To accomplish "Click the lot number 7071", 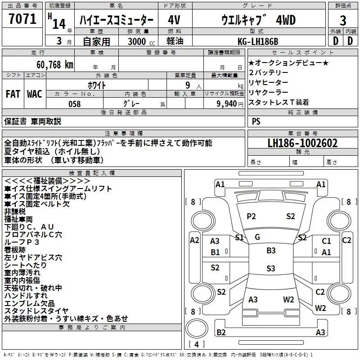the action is point(22,19).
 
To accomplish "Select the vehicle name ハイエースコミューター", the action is point(117,20).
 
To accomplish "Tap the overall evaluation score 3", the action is point(343,21).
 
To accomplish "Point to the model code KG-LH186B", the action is point(258,41).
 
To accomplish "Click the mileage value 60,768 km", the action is point(55,65).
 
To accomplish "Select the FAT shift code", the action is point(13,94).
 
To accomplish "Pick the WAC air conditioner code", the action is point(35,94).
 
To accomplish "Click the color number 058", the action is point(75,104).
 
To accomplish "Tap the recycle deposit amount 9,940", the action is point(227,104).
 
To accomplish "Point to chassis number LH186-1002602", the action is point(302,143).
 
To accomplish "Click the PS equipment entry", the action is point(256,121).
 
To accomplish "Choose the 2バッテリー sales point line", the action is point(268,72).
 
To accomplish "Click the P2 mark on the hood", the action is point(251,216).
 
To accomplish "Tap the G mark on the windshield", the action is point(257,237).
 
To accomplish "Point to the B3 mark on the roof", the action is point(271,251).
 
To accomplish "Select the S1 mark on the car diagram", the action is point(239,238).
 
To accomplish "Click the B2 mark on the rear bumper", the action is point(221,332).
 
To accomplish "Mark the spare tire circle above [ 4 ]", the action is point(197,328).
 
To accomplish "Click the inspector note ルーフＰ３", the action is point(22,242).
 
